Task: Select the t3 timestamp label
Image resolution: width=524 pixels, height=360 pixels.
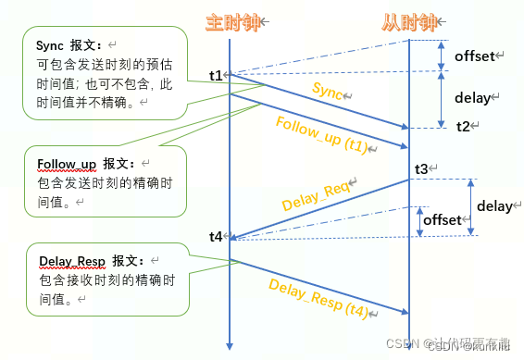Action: click(x=421, y=168)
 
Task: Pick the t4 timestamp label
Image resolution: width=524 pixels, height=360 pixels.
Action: click(x=216, y=236)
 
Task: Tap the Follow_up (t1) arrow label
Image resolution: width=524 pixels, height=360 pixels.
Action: click(x=317, y=135)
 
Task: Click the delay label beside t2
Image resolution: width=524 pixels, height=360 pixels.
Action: click(x=476, y=97)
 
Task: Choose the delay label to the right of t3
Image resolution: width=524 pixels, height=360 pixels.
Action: click(x=493, y=206)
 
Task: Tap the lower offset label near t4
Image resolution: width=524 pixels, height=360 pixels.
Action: click(x=441, y=220)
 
